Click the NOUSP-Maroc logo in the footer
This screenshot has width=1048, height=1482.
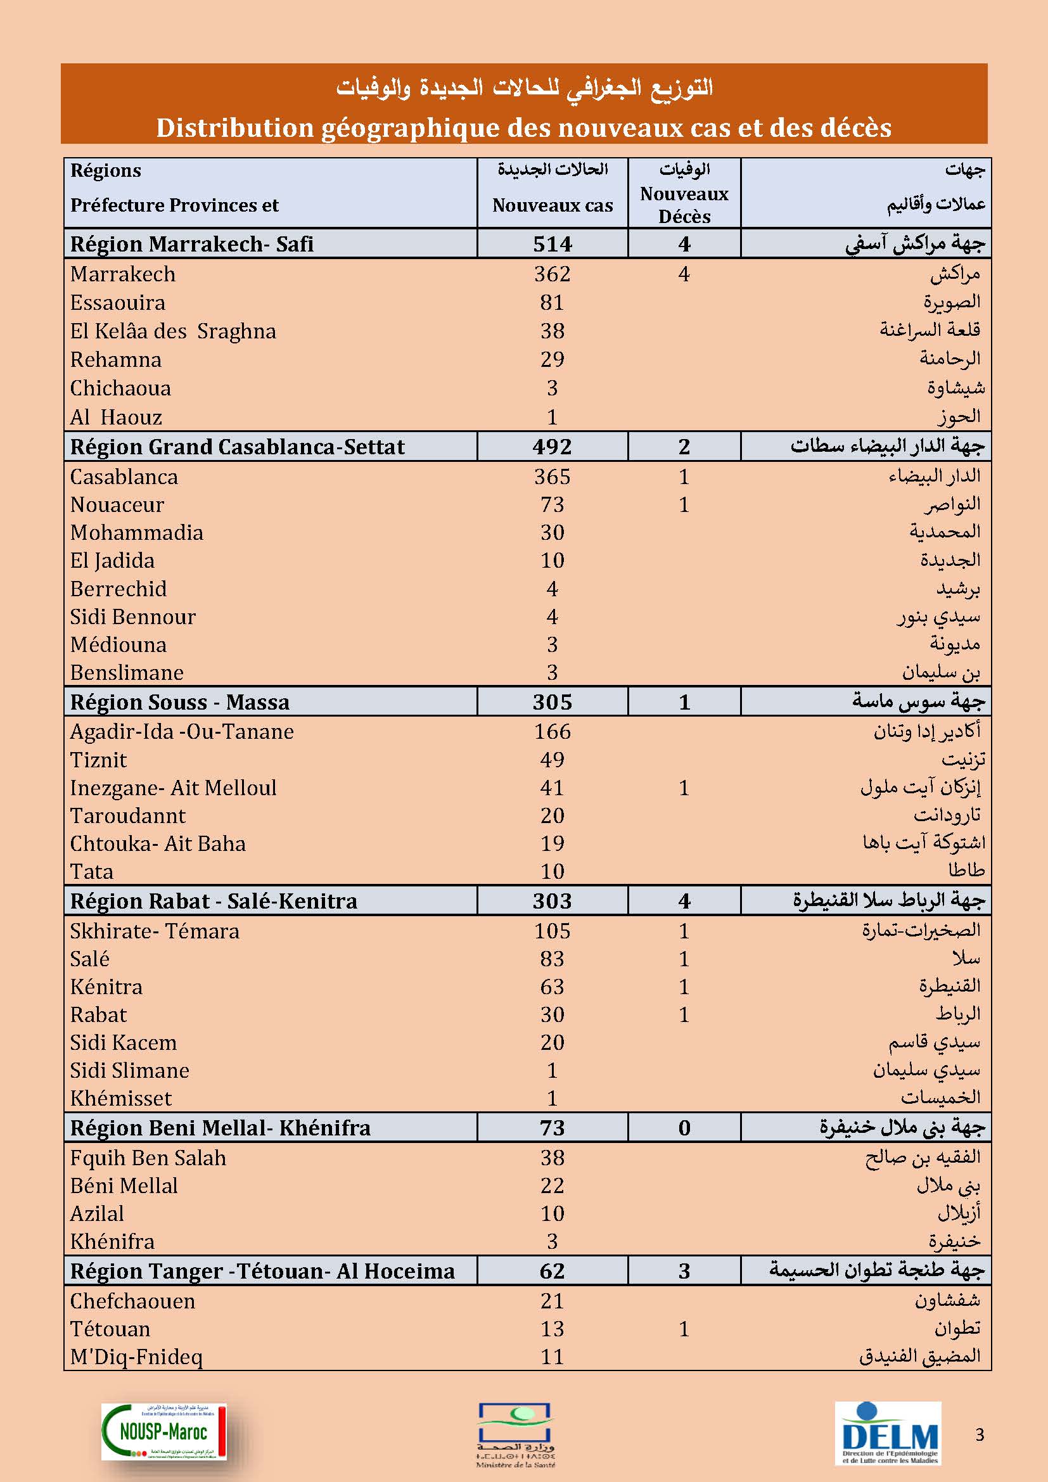[x=164, y=1431]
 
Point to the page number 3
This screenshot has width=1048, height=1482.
[x=980, y=1435]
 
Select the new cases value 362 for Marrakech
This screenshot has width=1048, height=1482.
[x=553, y=274]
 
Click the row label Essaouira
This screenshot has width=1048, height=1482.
[x=117, y=303]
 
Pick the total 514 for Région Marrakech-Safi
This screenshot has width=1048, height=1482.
[x=553, y=244]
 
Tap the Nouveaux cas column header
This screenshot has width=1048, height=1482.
[x=553, y=205]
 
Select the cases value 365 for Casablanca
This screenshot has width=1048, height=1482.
[x=553, y=477]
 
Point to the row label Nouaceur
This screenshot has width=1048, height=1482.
[x=117, y=505]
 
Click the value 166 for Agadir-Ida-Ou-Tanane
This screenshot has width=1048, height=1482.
[x=553, y=732]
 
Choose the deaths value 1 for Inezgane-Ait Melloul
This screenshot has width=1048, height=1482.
[x=684, y=788]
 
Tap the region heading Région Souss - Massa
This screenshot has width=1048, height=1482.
[x=179, y=702]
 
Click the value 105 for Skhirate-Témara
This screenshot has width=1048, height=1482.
[x=553, y=931]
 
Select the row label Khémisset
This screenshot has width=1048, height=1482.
[x=120, y=1099]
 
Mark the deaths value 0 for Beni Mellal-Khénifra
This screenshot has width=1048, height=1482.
[x=684, y=1128]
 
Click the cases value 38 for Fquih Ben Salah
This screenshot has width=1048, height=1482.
[x=553, y=1158]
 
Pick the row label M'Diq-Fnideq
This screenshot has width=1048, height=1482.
[x=136, y=1357]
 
